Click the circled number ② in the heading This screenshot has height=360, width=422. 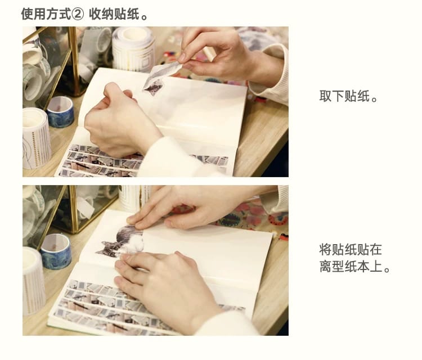[78, 14]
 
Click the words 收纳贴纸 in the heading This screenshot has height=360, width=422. [114, 14]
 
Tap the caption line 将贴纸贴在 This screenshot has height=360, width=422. [351, 249]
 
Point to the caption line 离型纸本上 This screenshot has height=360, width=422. [351, 266]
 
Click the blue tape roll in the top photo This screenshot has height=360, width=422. [61, 111]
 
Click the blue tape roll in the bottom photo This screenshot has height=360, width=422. [56, 251]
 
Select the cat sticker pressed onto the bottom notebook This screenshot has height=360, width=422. [120, 241]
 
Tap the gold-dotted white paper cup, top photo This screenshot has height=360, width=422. [37, 138]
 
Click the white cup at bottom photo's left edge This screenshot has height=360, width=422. [33, 280]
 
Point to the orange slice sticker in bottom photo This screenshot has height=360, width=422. [278, 218]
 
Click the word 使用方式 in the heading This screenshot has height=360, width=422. [46, 14]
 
